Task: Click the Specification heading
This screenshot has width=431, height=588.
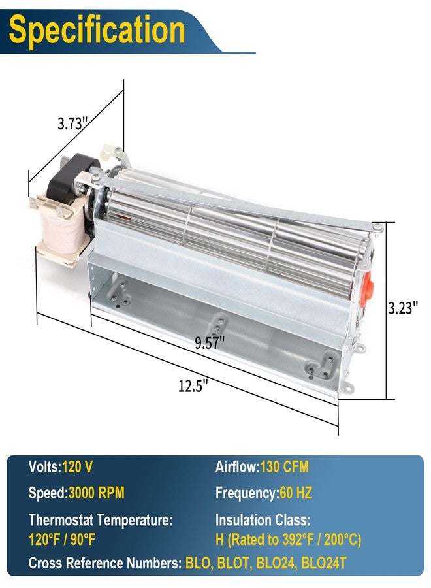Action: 97,30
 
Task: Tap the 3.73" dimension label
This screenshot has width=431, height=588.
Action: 72,123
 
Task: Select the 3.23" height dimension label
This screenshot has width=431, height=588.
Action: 402,308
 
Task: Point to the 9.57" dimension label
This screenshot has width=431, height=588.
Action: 210,343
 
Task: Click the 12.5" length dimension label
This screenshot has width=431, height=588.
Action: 193,385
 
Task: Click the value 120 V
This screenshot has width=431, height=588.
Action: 77,467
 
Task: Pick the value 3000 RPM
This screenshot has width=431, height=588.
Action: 96,493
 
